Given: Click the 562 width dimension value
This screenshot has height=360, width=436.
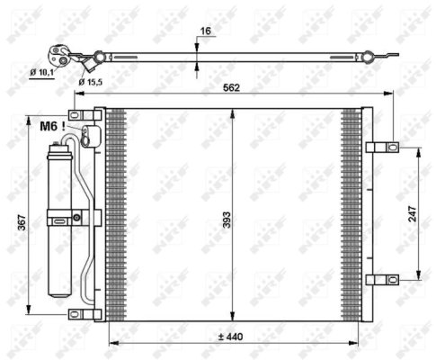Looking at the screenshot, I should (x=232, y=88).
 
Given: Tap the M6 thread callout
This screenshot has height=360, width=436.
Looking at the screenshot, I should (x=49, y=128).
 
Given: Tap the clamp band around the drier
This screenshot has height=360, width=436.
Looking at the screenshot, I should (x=64, y=216).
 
